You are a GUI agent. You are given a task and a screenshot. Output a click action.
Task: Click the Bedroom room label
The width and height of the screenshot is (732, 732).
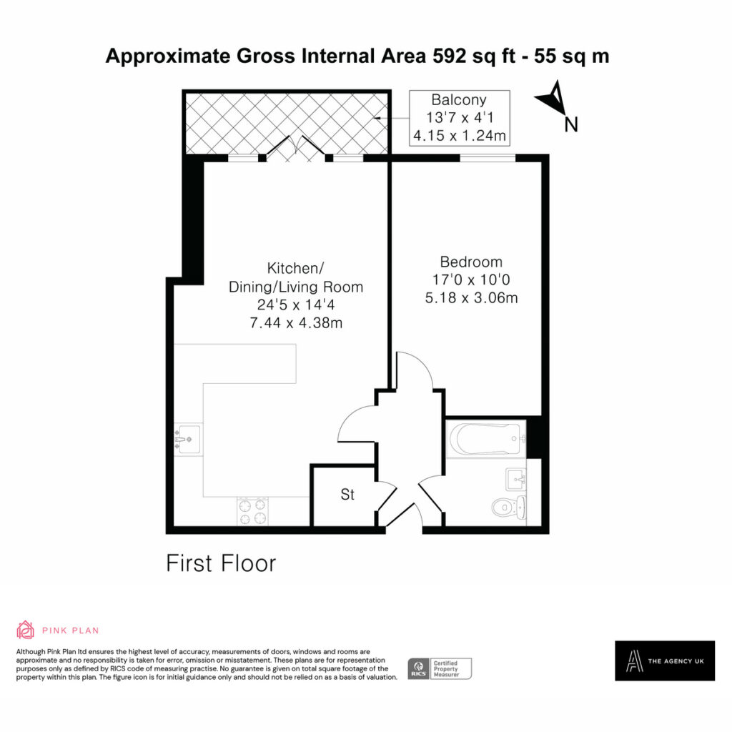[x=471, y=262]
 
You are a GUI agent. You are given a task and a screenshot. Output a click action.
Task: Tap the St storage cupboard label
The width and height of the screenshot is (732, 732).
[x=347, y=495]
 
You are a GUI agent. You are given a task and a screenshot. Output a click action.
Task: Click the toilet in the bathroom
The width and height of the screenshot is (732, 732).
[x=509, y=508]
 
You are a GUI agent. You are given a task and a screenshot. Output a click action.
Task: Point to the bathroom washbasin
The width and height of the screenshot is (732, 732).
[x=516, y=480]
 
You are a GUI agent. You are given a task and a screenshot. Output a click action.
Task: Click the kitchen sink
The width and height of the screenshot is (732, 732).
[x=188, y=440]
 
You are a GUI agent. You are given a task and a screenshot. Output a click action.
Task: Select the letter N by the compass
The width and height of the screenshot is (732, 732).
[x=571, y=124]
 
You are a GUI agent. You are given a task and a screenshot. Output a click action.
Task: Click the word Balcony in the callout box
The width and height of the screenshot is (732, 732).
[x=459, y=100]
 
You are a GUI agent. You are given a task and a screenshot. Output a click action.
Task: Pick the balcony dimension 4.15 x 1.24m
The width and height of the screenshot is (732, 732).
[x=460, y=136]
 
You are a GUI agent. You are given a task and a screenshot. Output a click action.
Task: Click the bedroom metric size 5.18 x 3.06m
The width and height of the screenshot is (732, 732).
[x=472, y=298]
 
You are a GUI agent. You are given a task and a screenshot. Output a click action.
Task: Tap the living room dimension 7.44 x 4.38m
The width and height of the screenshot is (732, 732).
[x=296, y=322]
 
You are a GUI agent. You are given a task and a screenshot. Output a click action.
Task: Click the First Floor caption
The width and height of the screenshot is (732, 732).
[x=222, y=563]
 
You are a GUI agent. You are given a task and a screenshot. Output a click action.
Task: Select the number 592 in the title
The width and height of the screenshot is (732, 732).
[x=449, y=56]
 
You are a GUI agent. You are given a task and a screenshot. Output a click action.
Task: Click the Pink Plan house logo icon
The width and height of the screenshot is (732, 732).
[x=25, y=630]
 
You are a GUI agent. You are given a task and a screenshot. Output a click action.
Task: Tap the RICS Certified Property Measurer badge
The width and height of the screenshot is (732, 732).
[x=440, y=668]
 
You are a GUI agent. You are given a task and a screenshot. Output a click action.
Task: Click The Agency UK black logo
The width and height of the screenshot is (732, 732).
[x=665, y=661]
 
